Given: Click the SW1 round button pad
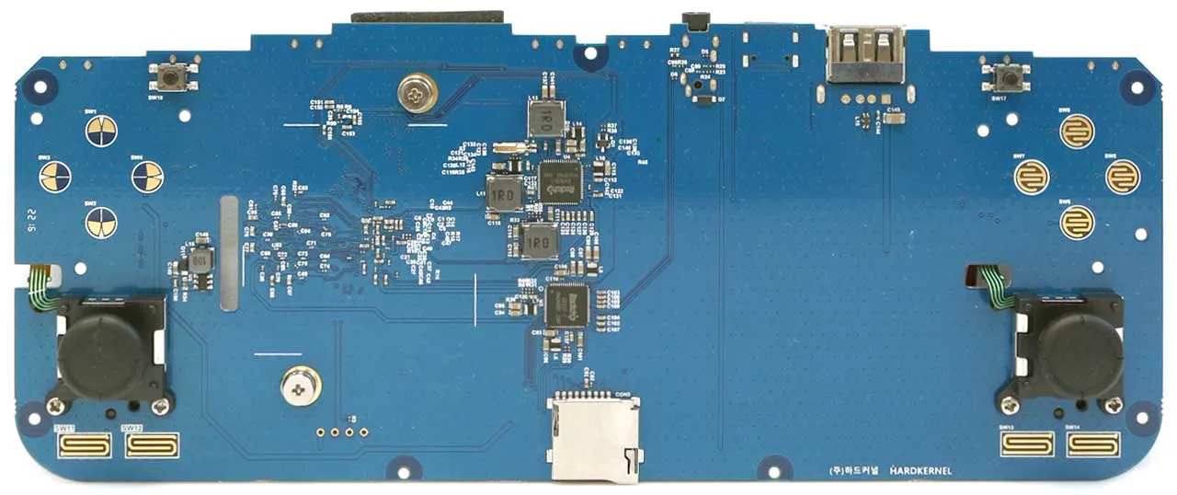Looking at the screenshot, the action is [101, 131].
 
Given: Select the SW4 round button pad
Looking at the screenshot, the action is [147, 176].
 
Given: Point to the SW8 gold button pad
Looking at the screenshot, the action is [1077, 132].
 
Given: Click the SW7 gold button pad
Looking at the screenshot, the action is [1032, 177].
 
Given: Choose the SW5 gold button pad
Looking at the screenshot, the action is [1123, 177].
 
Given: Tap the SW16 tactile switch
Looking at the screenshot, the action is [169, 76].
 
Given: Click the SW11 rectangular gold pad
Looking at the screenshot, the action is [84, 446].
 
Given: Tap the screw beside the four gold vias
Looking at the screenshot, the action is [301, 385].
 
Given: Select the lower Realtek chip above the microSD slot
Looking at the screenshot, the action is [566, 305].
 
